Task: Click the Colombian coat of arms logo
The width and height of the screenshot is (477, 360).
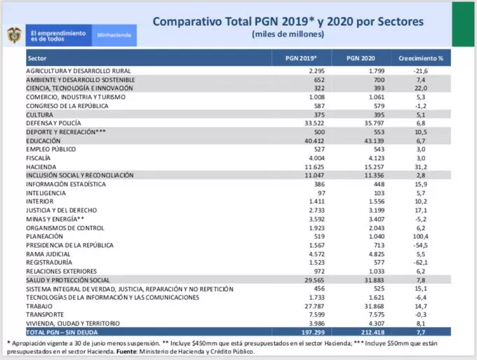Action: (14, 34)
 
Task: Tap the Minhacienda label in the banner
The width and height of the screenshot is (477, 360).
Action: (114, 34)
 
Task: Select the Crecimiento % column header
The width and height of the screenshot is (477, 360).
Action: (421, 58)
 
